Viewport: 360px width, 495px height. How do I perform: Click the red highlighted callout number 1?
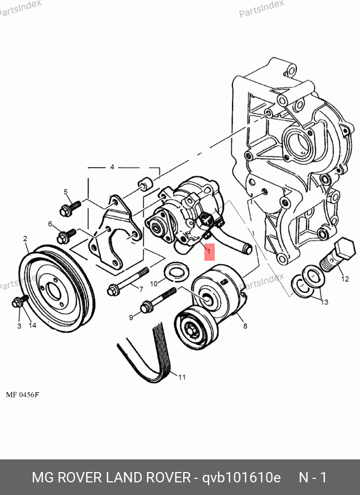[210, 252]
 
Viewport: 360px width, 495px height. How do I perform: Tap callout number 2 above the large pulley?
[25, 239]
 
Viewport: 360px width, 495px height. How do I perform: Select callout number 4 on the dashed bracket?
[112, 167]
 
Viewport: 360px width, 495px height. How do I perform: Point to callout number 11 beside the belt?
[182, 377]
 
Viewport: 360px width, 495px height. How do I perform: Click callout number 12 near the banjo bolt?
[345, 279]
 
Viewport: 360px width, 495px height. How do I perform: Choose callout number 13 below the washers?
[324, 302]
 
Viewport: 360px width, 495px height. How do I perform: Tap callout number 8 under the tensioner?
[245, 326]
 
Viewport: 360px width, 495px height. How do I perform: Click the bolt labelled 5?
[71, 208]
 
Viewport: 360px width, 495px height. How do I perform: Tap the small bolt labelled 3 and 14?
[20, 301]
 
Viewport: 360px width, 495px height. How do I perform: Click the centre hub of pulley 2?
[53, 290]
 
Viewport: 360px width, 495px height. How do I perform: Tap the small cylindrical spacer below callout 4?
[145, 184]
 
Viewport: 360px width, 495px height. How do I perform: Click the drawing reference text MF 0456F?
[22, 395]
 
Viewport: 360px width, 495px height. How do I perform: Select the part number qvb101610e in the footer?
[241, 477]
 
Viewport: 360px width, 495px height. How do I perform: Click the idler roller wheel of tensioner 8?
[196, 328]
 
